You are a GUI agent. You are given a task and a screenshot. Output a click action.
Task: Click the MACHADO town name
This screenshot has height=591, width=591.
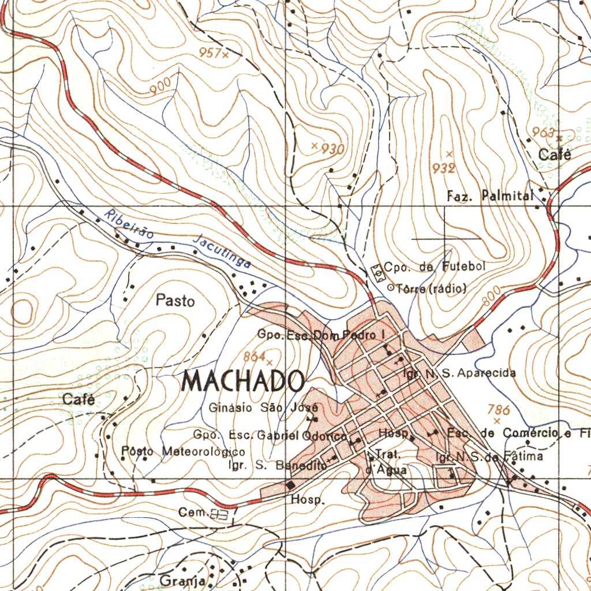[x=244, y=381]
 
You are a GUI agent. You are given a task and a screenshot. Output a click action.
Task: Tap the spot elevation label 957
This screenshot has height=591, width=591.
[x=210, y=53]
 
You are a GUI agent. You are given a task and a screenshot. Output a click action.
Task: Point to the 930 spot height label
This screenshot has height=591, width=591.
[x=333, y=149]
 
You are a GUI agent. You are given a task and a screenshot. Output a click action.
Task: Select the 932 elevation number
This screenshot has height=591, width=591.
[x=444, y=168]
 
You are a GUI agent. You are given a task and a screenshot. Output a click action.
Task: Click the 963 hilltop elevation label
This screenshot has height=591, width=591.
[x=543, y=132]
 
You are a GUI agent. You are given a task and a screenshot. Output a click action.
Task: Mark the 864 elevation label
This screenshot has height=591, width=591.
[x=254, y=356]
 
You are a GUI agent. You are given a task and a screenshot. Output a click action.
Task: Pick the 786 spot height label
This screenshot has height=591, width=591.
[x=499, y=410]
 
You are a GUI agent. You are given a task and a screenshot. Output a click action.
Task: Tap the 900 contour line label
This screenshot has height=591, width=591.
[x=160, y=87]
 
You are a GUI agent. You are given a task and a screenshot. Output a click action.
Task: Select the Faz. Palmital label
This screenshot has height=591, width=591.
[x=491, y=196]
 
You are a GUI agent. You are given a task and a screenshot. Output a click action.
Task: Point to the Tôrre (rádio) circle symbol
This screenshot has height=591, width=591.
[x=390, y=287]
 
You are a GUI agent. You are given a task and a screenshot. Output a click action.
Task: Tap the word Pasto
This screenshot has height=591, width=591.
[x=175, y=301]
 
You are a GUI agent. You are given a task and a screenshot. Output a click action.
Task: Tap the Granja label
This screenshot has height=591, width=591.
[x=183, y=580]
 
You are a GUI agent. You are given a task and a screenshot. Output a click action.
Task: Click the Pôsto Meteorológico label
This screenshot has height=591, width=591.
[x=184, y=451]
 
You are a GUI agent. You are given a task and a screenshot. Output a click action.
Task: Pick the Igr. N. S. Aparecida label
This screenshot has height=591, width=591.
[x=459, y=373]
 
